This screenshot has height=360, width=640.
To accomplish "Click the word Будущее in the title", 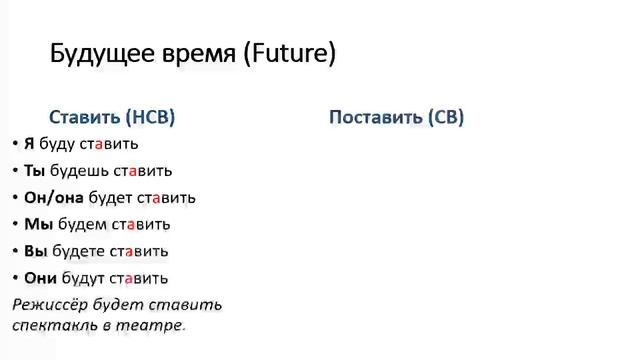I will pyautogui.click(x=97, y=54).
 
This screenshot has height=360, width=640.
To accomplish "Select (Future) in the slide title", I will pyautogui.click(x=289, y=54).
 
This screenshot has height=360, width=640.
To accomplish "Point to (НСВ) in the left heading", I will pyautogui.click(x=151, y=117).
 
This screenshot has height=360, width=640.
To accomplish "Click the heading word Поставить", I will pyautogui.click(x=375, y=117).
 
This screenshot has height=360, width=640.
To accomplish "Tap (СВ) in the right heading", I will pyautogui.click(x=445, y=117).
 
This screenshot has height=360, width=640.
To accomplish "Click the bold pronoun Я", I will pyautogui.click(x=29, y=144).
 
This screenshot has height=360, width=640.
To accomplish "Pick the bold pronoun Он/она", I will pyautogui.click(x=54, y=198).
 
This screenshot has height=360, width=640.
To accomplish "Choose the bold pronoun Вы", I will pyautogui.click(x=34, y=251).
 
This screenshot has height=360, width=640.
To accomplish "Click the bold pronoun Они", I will pyautogui.click(x=41, y=278).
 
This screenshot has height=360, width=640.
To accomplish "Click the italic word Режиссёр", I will pyautogui.click(x=55, y=304).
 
